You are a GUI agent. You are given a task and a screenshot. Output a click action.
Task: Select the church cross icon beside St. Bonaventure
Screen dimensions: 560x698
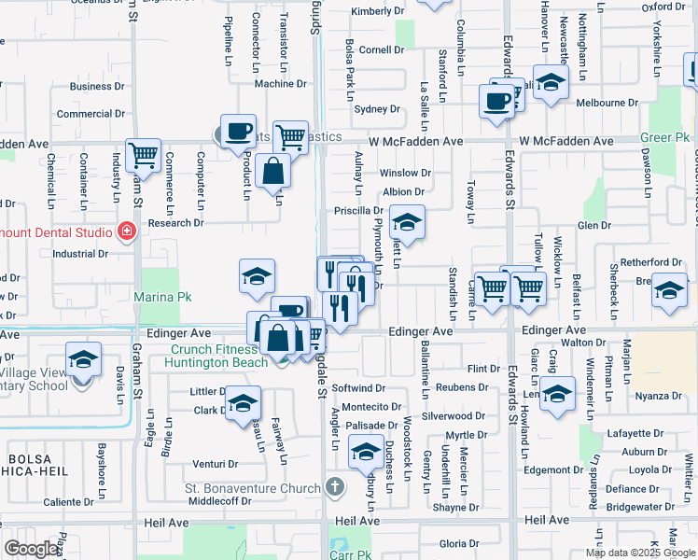point(335,487)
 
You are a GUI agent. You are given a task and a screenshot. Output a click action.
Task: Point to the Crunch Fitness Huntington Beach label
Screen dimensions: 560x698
point(217,357)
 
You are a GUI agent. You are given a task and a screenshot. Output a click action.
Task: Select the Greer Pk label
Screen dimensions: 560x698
point(665,137)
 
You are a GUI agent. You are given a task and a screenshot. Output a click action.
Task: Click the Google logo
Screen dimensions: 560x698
point(31,549)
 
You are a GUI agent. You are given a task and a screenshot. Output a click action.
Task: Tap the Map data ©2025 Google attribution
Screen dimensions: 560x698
point(638,553)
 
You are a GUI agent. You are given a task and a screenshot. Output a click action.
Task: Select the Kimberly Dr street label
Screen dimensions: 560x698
point(381,12)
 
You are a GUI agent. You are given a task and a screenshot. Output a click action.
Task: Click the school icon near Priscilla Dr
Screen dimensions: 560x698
point(407,222)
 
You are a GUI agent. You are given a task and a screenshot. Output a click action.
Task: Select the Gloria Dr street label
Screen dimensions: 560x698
point(458,543)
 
